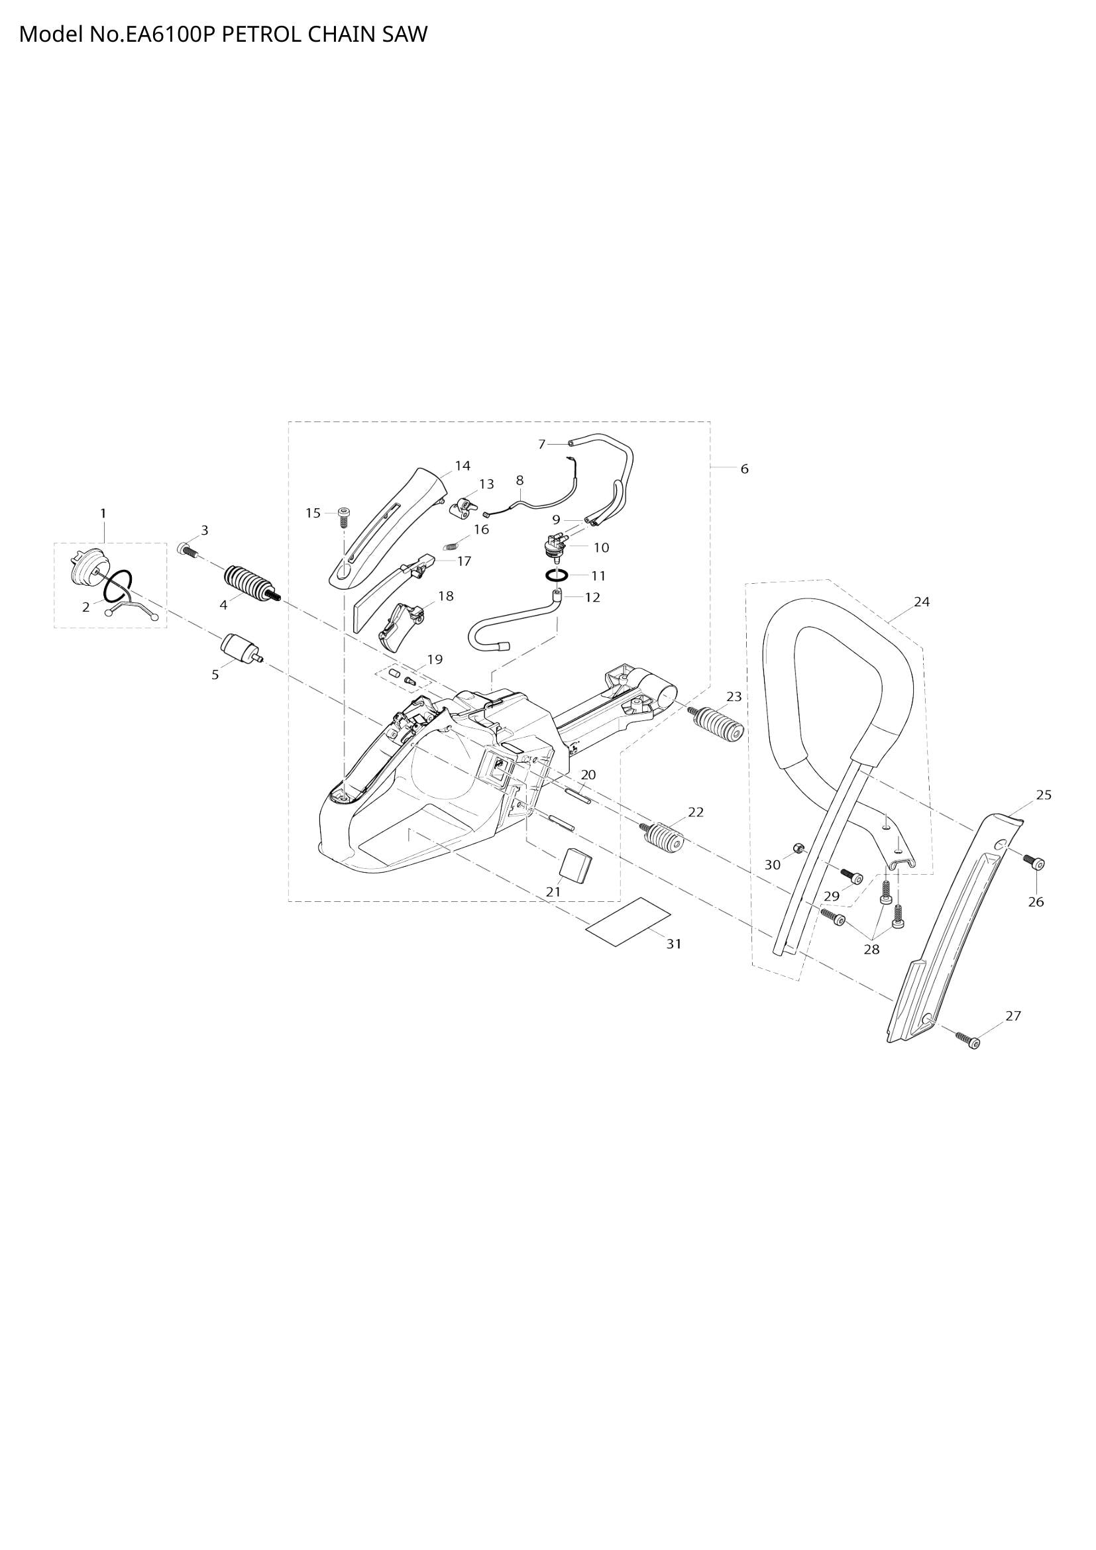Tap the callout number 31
(x=673, y=944)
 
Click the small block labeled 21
(x=577, y=865)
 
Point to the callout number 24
(x=921, y=602)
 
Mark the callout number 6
(x=744, y=469)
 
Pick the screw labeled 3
(x=186, y=549)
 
